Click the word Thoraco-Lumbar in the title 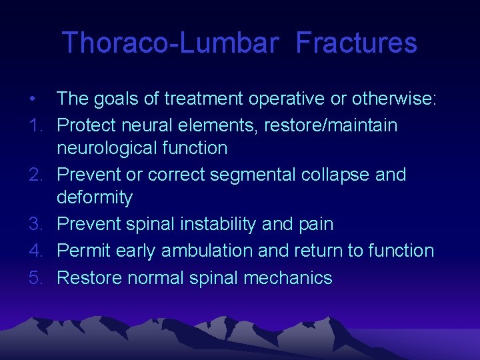(169, 43)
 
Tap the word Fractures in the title (356, 43)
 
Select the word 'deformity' (95, 197)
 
